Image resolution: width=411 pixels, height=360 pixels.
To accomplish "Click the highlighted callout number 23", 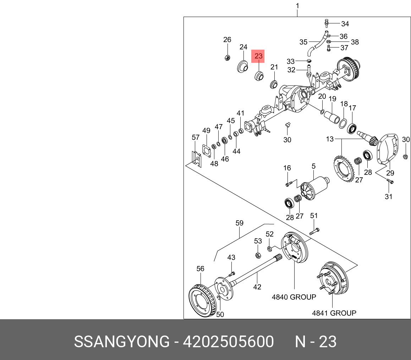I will [x=258, y=56].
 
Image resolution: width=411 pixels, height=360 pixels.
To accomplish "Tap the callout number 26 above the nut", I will [x=227, y=40].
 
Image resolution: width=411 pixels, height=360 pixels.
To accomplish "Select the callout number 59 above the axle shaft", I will [x=240, y=223].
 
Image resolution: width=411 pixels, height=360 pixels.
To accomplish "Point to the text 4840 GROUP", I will [x=294, y=297].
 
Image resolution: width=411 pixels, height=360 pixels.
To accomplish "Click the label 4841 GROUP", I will [x=334, y=313].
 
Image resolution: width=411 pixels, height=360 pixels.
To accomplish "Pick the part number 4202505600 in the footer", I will [x=228, y=342].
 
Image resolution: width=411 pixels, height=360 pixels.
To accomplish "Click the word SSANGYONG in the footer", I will [x=122, y=342].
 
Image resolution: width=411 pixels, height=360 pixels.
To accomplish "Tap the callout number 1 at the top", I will [x=297, y=6].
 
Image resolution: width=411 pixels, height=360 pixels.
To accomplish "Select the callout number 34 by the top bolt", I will [x=345, y=24].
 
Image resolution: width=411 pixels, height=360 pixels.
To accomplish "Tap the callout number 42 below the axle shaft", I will [x=257, y=287].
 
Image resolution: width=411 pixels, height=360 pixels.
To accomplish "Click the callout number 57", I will [x=196, y=137].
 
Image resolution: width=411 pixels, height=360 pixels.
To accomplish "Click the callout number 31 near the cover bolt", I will [x=389, y=196].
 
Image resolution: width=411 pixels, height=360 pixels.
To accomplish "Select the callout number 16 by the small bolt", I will [x=287, y=168].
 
